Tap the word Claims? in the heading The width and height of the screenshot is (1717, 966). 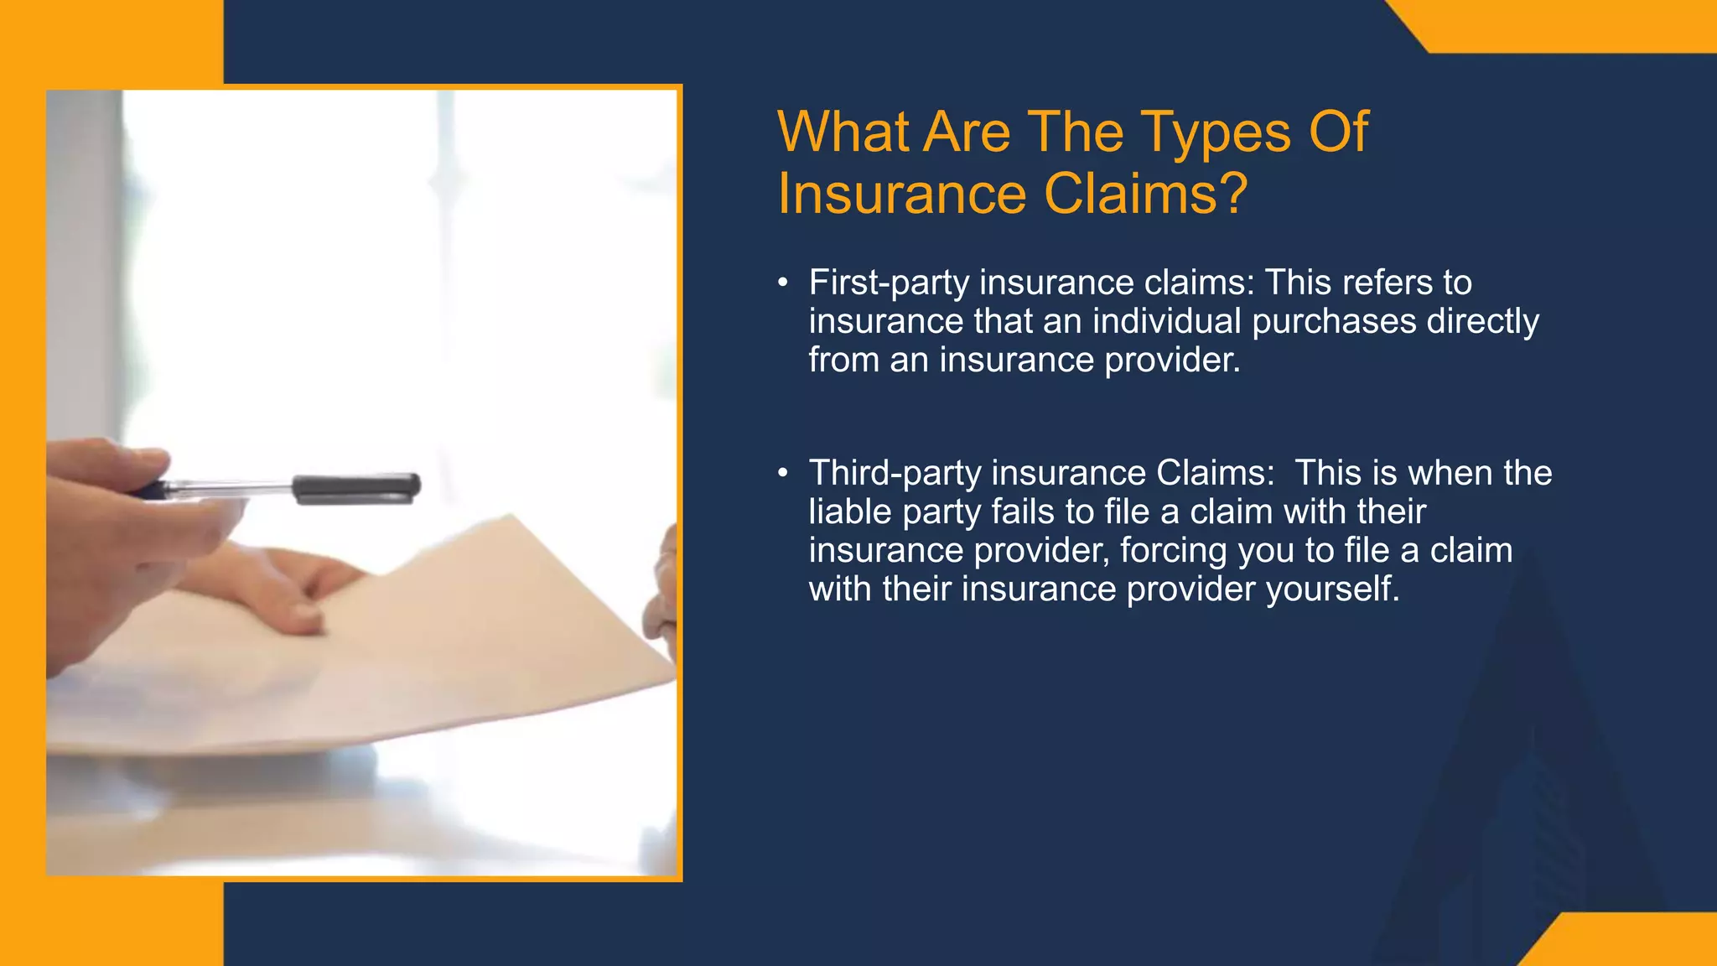click(x=1146, y=195)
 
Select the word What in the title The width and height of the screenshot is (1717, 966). click(x=843, y=132)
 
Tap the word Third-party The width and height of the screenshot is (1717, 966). click(x=895, y=474)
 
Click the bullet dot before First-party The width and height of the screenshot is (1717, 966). click(x=783, y=283)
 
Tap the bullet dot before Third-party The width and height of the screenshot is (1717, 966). click(x=783, y=474)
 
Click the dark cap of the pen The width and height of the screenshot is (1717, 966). click(x=356, y=488)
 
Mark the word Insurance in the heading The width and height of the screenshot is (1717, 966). click(x=902, y=195)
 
